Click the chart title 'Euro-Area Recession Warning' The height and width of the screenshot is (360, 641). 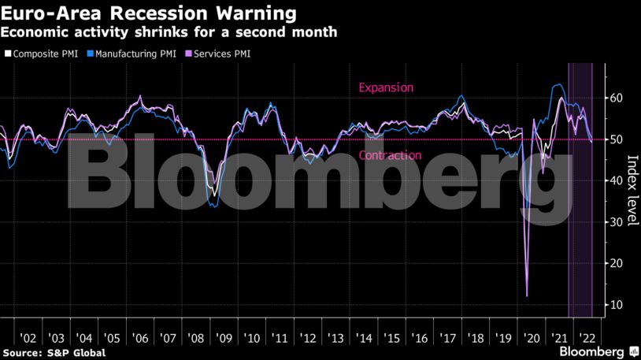150,13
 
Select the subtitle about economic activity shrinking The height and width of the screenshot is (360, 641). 169,32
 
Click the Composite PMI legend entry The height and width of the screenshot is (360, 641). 46,54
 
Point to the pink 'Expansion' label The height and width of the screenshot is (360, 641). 385,87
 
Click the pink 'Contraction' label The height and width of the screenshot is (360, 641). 390,155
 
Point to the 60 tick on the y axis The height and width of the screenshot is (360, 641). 617,98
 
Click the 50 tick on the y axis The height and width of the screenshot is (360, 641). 617,139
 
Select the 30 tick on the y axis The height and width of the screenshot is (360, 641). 617,222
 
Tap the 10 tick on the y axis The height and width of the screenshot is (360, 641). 617,304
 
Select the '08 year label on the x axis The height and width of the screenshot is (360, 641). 196,336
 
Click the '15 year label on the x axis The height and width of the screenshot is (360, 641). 391,336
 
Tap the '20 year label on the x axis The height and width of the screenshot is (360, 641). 532,336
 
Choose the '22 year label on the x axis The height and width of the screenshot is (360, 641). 587,336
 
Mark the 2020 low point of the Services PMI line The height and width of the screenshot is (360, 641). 527,296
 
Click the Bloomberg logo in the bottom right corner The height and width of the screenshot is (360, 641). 593,350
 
